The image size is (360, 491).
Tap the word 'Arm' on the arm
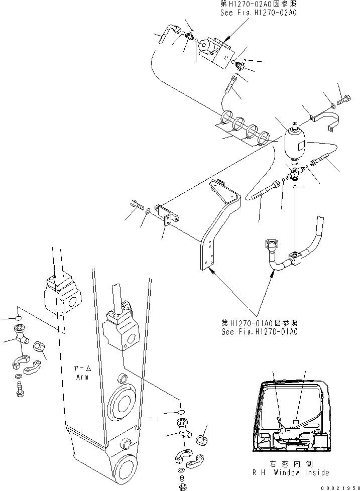point(81,377)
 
